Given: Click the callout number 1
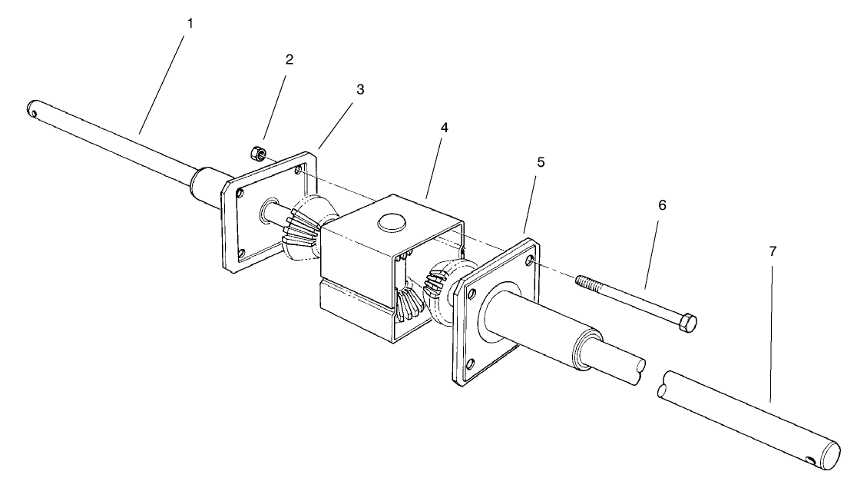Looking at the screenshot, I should (190, 24).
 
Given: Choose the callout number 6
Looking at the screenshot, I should (662, 205).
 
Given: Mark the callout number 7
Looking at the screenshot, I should (772, 251).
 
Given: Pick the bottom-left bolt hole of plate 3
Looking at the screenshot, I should (240, 254).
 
